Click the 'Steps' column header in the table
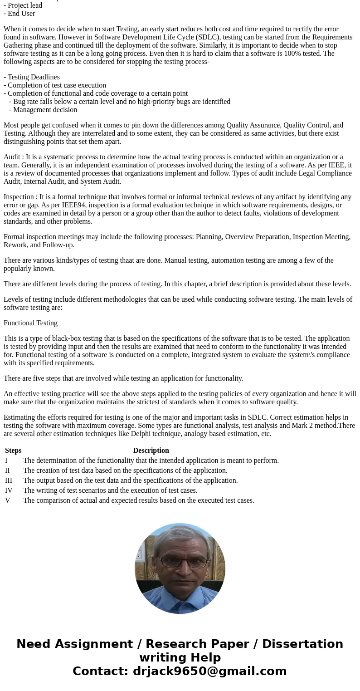tap(13, 451)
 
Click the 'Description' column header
tap(151, 451)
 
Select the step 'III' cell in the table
tap(9, 480)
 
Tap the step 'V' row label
tap(8, 500)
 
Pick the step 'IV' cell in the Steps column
tap(9, 490)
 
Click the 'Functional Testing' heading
tap(30, 323)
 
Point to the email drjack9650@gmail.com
tap(209, 671)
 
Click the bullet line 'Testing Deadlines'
tap(34, 77)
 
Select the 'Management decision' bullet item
tap(45, 110)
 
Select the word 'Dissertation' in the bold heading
tap(302, 644)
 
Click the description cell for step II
tap(125, 470)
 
